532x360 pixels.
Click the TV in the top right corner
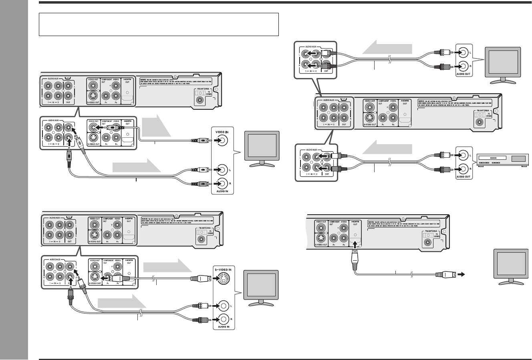pyautogui.click(x=503, y=63)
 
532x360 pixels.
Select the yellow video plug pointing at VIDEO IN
pyautogui.click(x=199, y=141)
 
